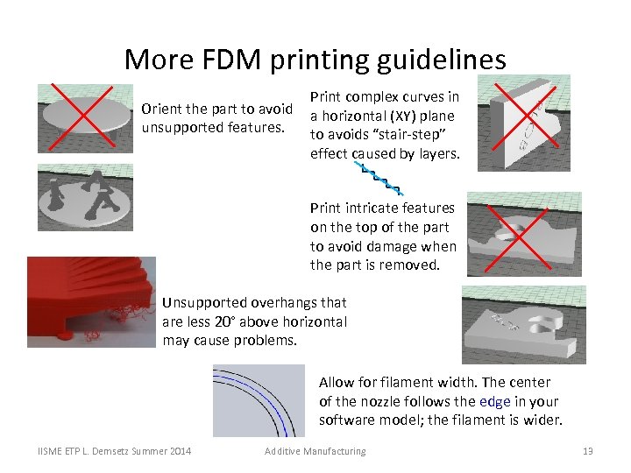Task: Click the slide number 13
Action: (588, 451)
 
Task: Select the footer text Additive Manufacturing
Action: (315, 451)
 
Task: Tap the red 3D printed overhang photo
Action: (91, 301)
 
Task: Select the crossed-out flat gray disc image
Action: (85, 118)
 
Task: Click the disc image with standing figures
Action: (85, 201)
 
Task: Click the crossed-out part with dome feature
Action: (523, 234)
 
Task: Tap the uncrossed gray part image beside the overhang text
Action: (523, 325)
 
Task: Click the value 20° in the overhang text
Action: (224, 321)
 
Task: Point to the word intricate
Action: (372, 208)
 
